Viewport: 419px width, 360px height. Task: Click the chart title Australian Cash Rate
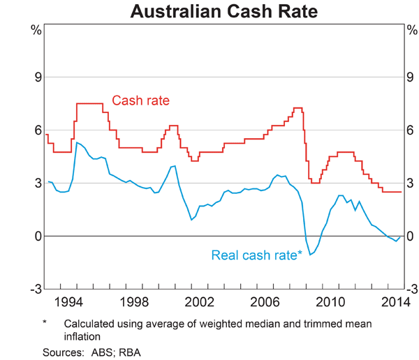point(209,12)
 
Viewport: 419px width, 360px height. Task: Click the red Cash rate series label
point(141,100)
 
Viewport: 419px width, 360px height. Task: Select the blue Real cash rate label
point(256,256)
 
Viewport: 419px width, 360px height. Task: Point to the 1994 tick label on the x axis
point(71,302)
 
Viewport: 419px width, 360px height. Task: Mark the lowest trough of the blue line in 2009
point(310,255)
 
